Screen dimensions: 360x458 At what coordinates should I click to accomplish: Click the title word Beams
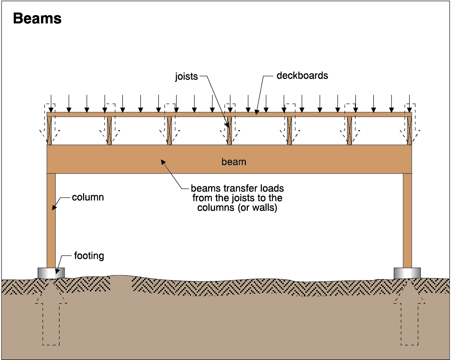(x=37, y=18)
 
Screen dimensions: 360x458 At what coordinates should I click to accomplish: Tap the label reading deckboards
(x=302, y=75)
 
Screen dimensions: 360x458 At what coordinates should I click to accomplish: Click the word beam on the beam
(x=234, y=162)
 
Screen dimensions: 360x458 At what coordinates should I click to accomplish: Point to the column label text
(x=87, y=197)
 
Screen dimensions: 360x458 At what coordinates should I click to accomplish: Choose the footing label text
(x=89, y=256)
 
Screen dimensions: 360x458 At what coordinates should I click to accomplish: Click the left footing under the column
(x=51, y=272)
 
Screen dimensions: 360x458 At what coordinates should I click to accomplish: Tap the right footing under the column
(x=407, y=272)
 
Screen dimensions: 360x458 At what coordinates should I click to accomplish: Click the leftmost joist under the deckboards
(x=50, y=131)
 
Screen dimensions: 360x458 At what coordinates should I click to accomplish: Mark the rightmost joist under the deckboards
(x=409, y=131)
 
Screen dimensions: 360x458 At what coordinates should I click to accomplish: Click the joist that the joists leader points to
(x=229, y=131)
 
